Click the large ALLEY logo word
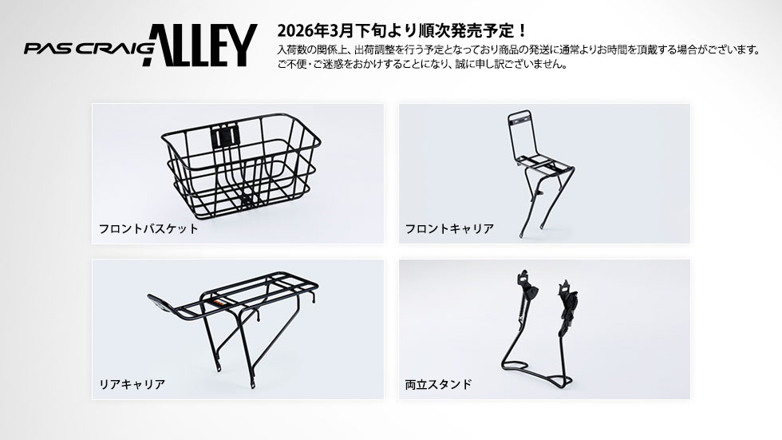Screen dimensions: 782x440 coord(199,45)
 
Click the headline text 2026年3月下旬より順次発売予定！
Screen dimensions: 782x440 coord(401,30)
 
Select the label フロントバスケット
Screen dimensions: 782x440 coord(148,228)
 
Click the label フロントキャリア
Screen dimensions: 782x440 coord(449,228)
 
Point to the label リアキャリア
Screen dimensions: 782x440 coord(132,384)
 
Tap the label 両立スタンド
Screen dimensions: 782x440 coord(438,384)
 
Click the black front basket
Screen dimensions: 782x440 coord(241,165)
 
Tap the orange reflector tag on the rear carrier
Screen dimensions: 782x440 coord(219,302)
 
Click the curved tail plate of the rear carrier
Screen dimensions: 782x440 coord(160,301)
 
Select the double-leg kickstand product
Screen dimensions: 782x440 coord(539,329)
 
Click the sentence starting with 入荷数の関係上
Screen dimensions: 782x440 coord(519,50)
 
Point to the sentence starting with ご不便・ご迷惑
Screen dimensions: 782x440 coord(422,65)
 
